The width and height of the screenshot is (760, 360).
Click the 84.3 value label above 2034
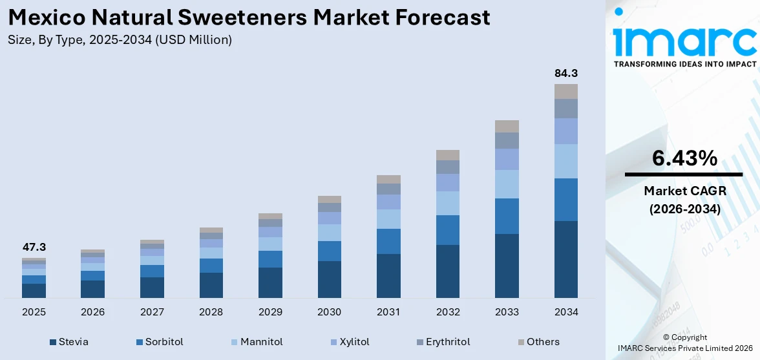(565, 73)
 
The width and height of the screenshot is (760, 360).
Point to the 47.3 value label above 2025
(34, 247)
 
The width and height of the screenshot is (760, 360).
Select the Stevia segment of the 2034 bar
(565, 259)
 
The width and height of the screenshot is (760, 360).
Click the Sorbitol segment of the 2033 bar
(507, 216)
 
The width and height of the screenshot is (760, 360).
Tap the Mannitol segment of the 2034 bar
(565, 161)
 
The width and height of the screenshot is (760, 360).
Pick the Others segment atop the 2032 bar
(448, 155)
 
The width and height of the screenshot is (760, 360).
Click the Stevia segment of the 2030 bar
(330, 279)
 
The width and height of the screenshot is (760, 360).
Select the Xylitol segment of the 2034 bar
(565, 131)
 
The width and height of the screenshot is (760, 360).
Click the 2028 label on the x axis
(211, 312)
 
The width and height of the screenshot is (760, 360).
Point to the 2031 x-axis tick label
(388, 312)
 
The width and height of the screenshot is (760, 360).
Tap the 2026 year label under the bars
(93, 312)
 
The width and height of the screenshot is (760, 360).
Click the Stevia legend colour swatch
(52, 342)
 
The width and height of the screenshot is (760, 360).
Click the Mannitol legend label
(261, 342)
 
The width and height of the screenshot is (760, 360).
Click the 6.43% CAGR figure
(684, 158)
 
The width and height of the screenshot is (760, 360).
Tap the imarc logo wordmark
(684, 40)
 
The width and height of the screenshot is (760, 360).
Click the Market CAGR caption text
(684, 191)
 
